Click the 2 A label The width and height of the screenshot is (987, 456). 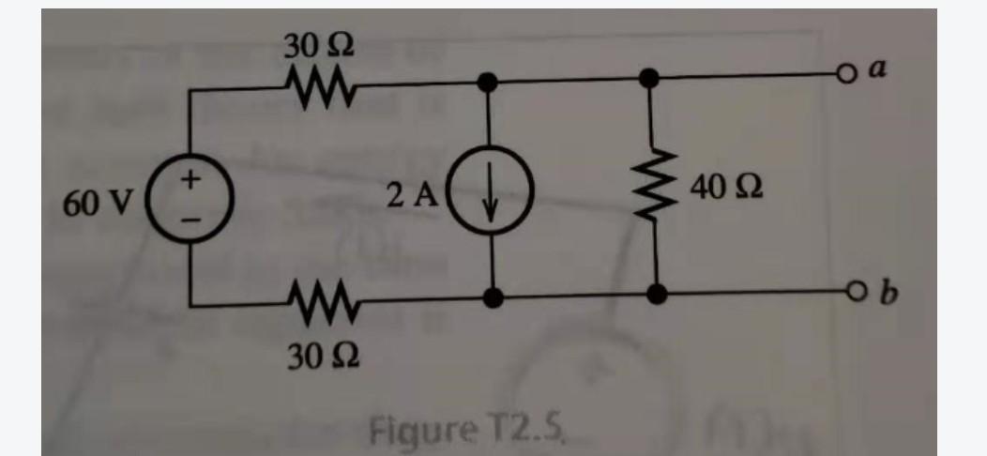411,194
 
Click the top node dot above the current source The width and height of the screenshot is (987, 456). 486,83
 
